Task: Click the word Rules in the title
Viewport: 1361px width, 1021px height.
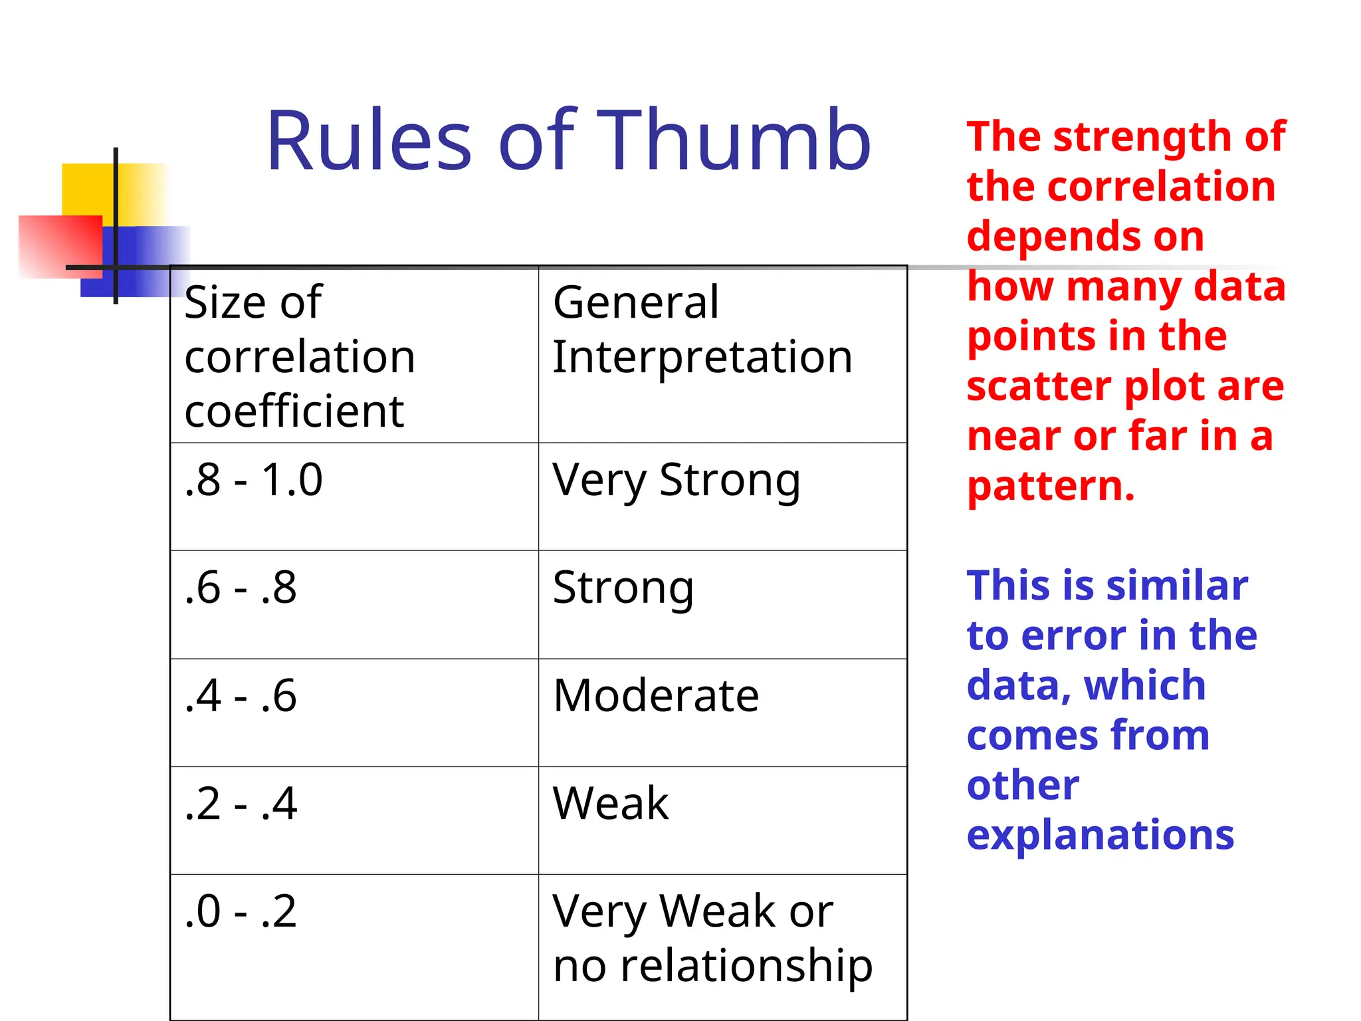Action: (x=369, y=141)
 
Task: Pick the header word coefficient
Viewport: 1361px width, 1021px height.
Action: (x=294, y=411)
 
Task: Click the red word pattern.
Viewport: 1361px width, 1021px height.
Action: (x=1050, y=487)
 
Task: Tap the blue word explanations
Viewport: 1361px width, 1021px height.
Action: (x=1100, y=836)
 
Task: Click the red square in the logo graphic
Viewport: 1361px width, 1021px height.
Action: (x=60, y=246)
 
